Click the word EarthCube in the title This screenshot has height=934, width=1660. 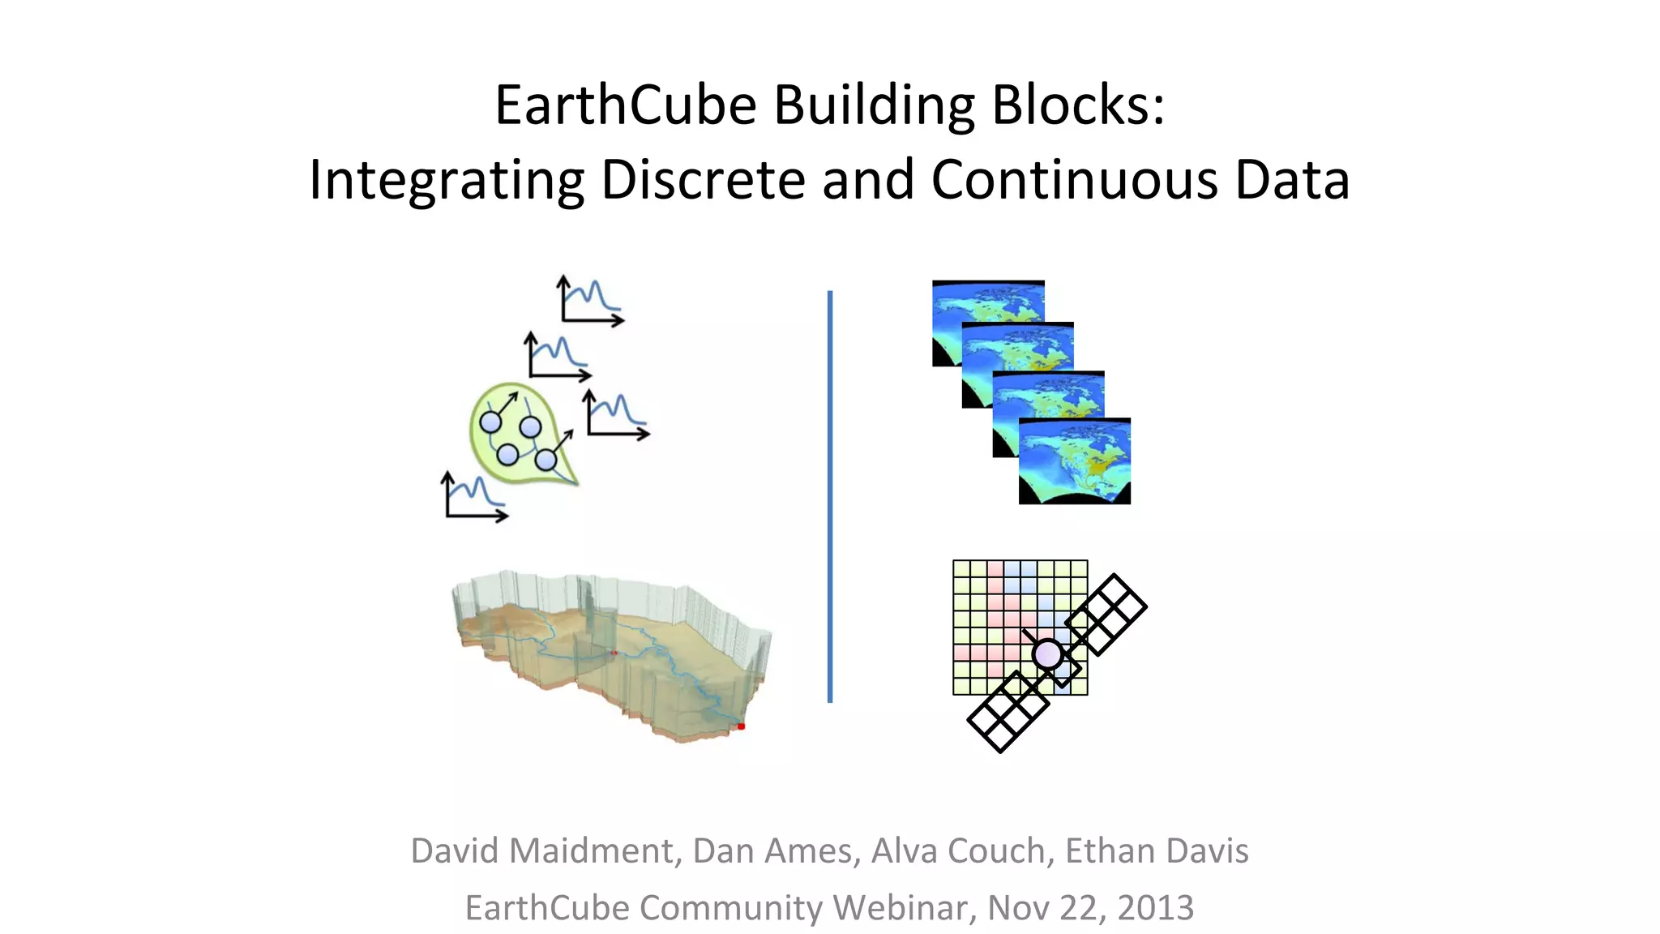(625, 105)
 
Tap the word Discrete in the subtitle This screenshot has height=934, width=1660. (703, 179)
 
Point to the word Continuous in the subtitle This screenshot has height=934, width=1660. (1074, 179)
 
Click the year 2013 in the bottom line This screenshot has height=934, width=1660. (1155, 907)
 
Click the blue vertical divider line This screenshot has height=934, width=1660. (830, 496)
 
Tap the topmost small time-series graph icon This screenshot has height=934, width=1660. (590, 301)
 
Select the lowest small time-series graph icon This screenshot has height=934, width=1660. (475, 496)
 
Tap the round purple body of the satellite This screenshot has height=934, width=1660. (1047, 653)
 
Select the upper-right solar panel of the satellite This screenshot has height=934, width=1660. (1106, 614)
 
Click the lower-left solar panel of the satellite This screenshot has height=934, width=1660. (1008, 711)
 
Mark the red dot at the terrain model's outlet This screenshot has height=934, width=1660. (741, 726)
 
